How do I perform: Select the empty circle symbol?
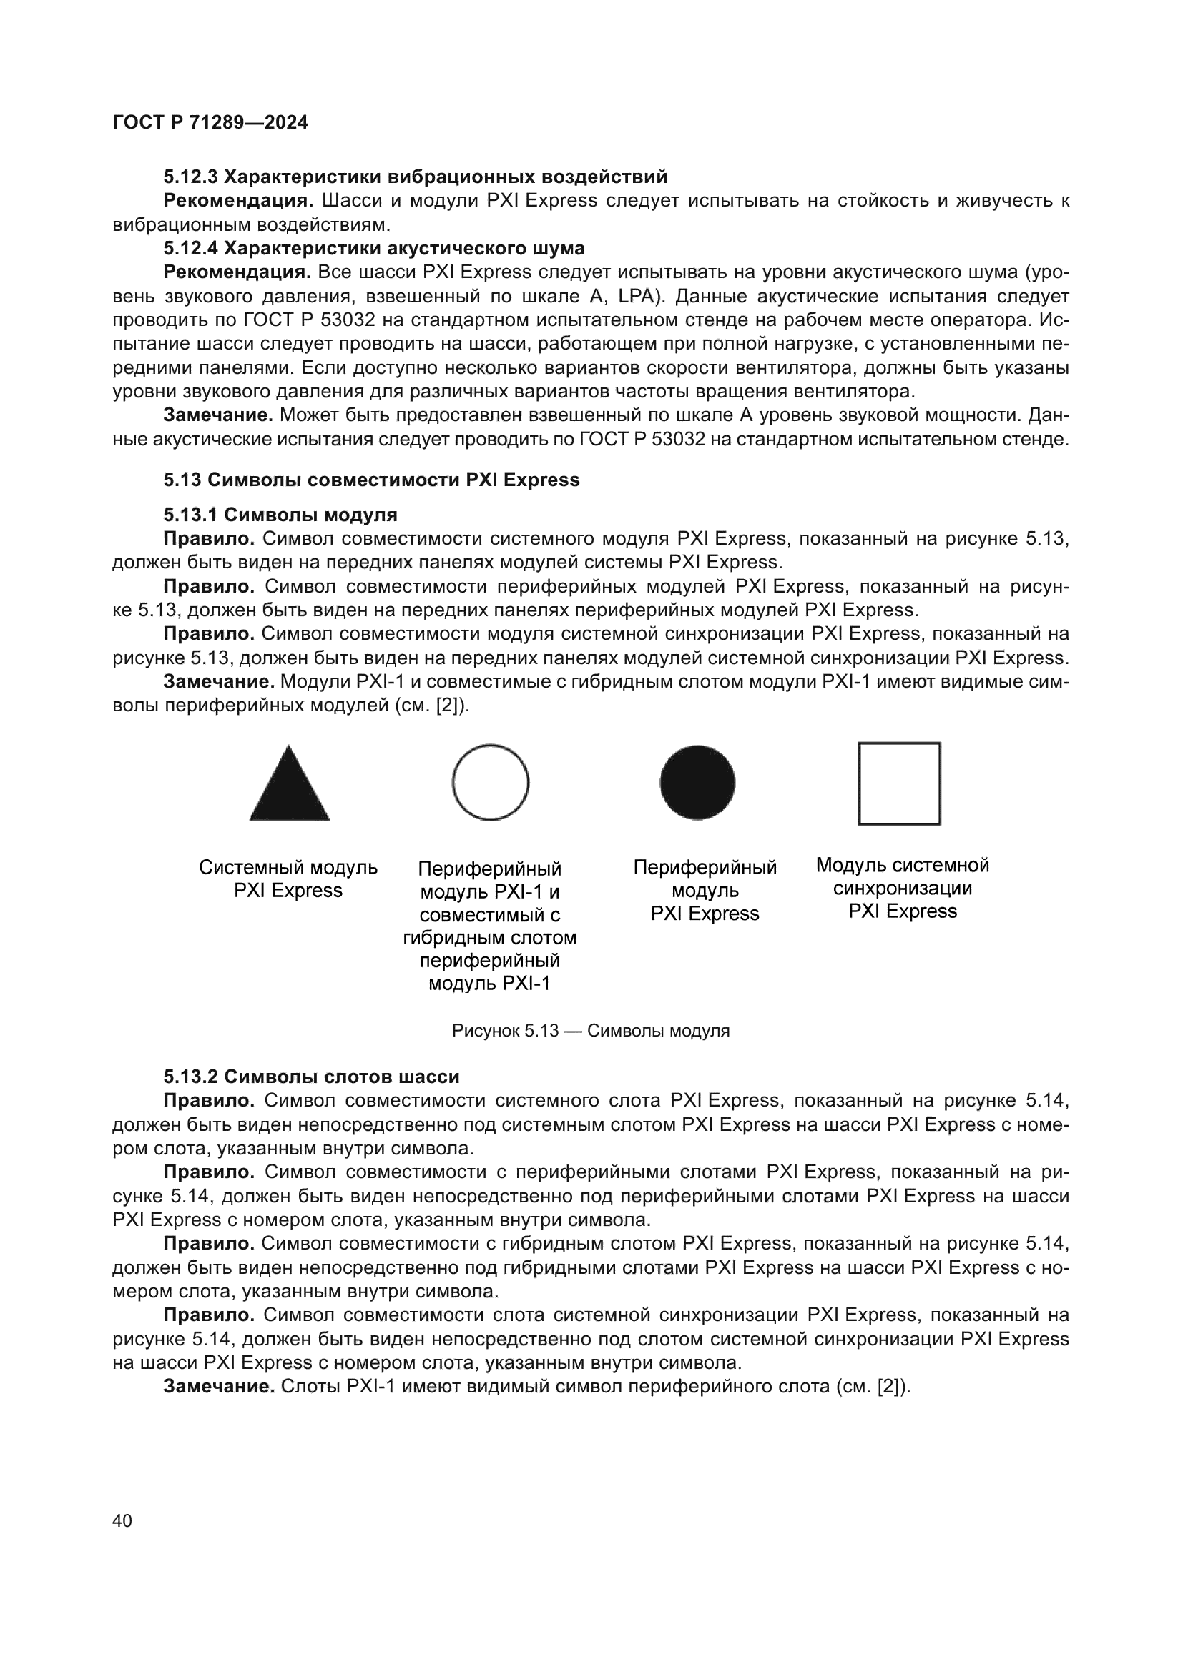pyautogui.click(x=490, y=782)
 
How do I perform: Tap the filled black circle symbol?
pyautogui.click(x=697, y=782)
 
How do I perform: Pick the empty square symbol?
pyautogui.click(x=899, y=783)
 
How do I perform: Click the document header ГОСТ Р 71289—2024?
pyautogui.click(x=210, y=122)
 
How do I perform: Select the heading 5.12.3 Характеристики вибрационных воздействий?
pyautogui.click(x=416, y=177)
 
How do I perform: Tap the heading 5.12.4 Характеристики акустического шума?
pyautogui.click(x=373, y=248)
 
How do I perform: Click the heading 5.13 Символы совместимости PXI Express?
pyautogui.click(x=371, y=480)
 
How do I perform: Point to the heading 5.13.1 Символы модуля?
pyautogui.click(x=280, y=515)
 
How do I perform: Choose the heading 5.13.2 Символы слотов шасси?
pyautogui.click(x=311, y=1077)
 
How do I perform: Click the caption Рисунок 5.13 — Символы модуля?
pyautogui.click(x=591, y=1031)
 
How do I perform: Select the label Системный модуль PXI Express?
pyautogui.click(x=288, y=879)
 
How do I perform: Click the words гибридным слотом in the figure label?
pyautogui.click(x=489, y=938)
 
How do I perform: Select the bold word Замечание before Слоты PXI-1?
pyautogui.click(x=219, y=1387)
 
